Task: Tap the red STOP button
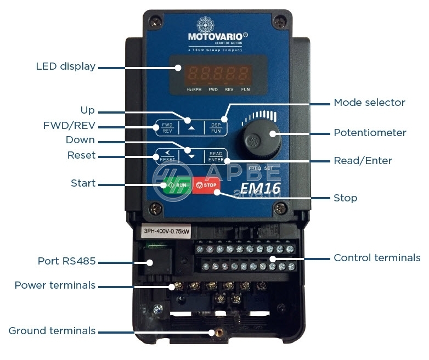[207, 185]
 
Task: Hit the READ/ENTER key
[216, 156]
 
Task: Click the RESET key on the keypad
[167, 156]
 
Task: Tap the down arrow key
[191, 155]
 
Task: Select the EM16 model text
[262, 189]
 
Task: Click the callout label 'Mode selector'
[369, 103]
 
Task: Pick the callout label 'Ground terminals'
[52, 331]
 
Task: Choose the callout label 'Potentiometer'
[370, 133]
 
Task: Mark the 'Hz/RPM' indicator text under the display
[194, 88]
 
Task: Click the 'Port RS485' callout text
[66, 261]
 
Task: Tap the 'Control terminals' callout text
[377, 257]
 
